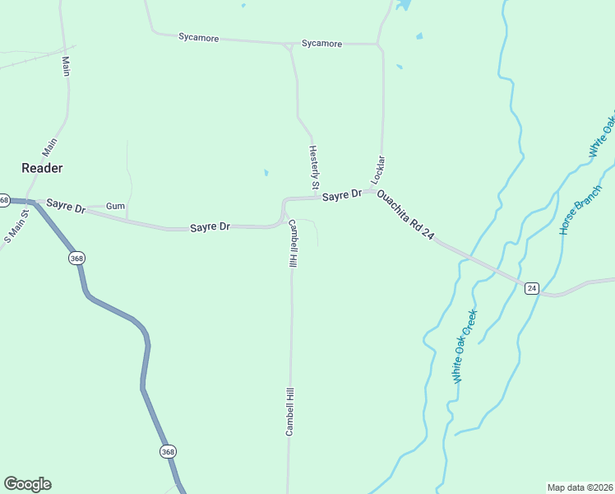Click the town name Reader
42,167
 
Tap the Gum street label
115,206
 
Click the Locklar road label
378,169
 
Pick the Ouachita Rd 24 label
405,215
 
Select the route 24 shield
531,288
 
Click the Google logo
27,484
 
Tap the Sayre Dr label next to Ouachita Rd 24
341,196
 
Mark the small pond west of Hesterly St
266,173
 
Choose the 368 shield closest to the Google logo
168,451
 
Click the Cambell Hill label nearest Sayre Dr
292,244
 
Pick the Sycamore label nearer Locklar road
321,44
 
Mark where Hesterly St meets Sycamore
289,45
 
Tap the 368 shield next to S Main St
4,200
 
